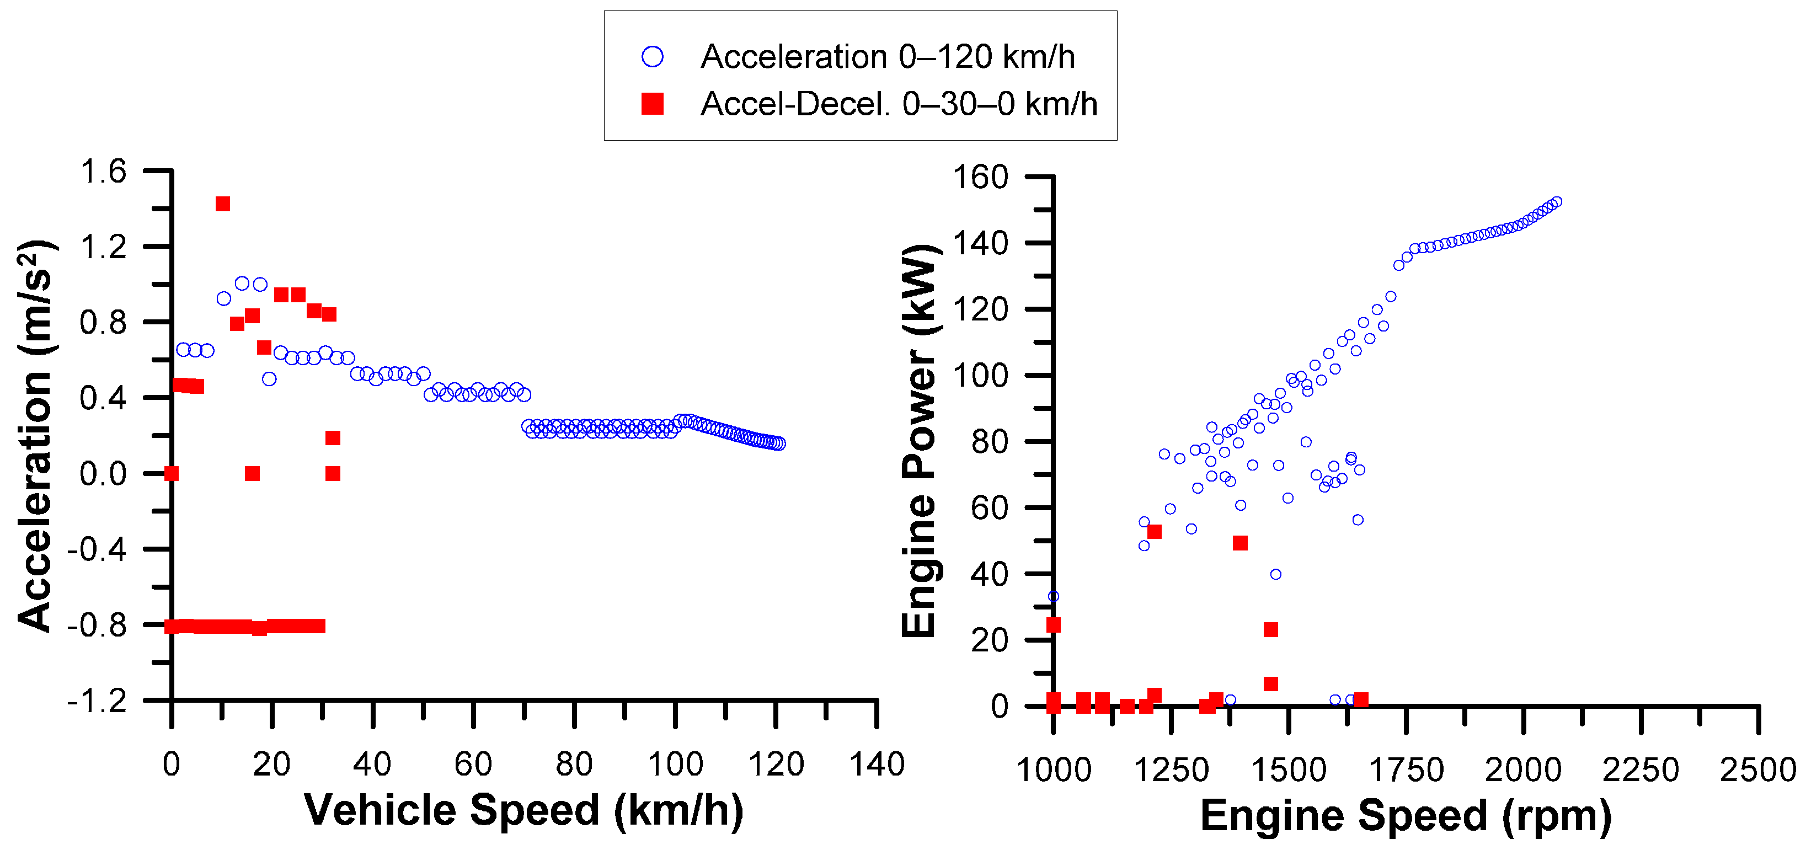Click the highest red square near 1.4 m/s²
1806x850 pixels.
[x=222, y=204]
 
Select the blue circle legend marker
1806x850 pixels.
[x=652, y=57]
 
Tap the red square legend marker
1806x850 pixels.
[x=652, y=104]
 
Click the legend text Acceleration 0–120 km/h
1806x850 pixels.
[x=887, y=57]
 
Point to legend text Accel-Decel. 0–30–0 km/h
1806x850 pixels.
[x=898, y=104]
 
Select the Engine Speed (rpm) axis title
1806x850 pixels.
[x=1406, y=816]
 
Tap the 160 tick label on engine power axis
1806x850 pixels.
[x=980, y=177]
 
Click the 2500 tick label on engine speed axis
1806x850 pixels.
[x=1757, y=771]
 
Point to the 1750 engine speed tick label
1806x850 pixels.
[x=1406, y=771]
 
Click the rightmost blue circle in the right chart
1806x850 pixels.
[x=1557, y=202]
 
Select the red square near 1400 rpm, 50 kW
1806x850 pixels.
[x=1239, y=543]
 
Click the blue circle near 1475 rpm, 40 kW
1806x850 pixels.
[x=1275, y=574]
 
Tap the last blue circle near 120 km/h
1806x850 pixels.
[x=779, y=443]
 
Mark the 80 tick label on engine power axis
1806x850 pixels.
[x=989, y=442]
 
